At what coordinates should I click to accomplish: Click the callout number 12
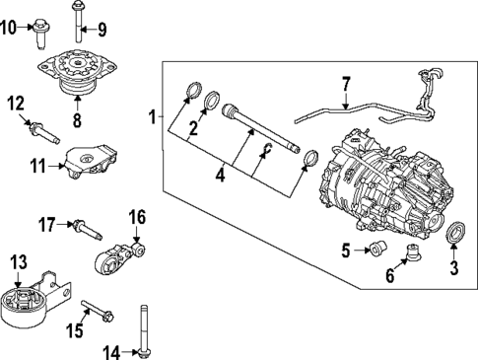[x=15, y=104]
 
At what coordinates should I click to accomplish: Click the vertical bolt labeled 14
[x=146, y=329]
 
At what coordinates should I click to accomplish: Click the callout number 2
[x=193, y=127]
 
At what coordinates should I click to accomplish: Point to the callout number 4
[x=221, y=179]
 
